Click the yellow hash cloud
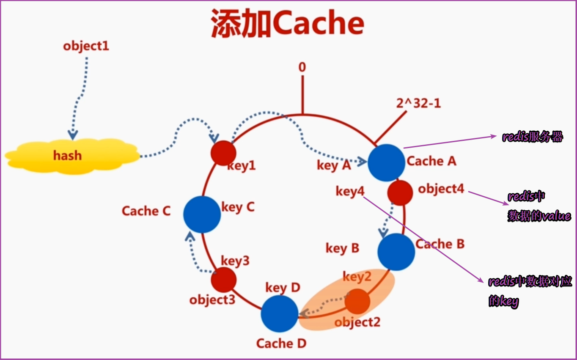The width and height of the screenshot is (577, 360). tap(72, 156)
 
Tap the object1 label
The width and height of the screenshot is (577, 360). tap(86, 46)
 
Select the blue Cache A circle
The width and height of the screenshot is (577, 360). tap(386, 162)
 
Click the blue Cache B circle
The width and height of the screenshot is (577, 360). tap(396, 252)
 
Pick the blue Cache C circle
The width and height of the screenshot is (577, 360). tap(202, 214)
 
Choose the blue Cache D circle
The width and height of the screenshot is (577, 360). tap(279, 313)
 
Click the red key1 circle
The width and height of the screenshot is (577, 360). tap(223, 153)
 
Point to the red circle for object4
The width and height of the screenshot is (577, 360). tap(400, 192)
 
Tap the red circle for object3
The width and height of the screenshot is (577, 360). tap(223, 280)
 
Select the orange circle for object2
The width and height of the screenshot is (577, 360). tap(357, 301)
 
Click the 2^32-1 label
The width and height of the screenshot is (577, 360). tap(418, 103)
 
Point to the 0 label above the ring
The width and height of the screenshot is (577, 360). tap(302, 67)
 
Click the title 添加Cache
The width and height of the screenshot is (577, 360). tap(288, 24)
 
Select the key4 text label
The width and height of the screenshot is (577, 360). tap(350, 191)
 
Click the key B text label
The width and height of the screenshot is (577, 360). tap(342, 248)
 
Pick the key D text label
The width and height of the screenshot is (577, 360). tap(283, 288)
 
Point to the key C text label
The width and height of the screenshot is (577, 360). tap(238, 207)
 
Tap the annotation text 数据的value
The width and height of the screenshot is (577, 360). tap(539, 216)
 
